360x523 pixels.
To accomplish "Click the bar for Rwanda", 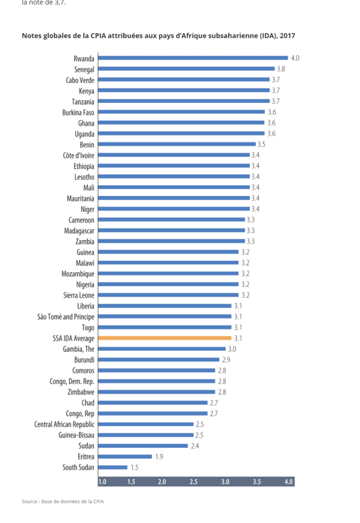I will pos(193,58).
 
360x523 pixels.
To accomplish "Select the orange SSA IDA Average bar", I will pos(165,338).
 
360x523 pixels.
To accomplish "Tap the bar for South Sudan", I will pos(112,467).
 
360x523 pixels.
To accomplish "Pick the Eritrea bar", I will pos(125,456).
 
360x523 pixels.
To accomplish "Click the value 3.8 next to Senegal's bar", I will pos(281,69).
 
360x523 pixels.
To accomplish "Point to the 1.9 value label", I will pos(159,456).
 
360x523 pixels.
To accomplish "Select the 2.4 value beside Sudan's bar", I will pos(195,446).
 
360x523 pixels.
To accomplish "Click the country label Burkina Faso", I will pos(78,112).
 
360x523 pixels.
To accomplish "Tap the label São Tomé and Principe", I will pos(66,317).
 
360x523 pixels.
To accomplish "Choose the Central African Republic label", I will pos(64,424).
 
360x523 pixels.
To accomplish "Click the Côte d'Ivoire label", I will pos(78,155).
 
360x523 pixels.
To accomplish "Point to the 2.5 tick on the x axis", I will pos(194,482).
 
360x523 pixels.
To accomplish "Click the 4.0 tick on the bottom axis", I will pos(288,482).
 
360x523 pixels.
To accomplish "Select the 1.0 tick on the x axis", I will pos(102,482).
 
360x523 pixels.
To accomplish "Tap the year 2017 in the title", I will pos(287,36).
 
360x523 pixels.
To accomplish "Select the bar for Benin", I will pos(177,144).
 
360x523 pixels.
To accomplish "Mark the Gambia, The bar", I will pos(162,349).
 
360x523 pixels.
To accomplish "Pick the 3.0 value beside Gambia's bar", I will pos(232,349).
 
